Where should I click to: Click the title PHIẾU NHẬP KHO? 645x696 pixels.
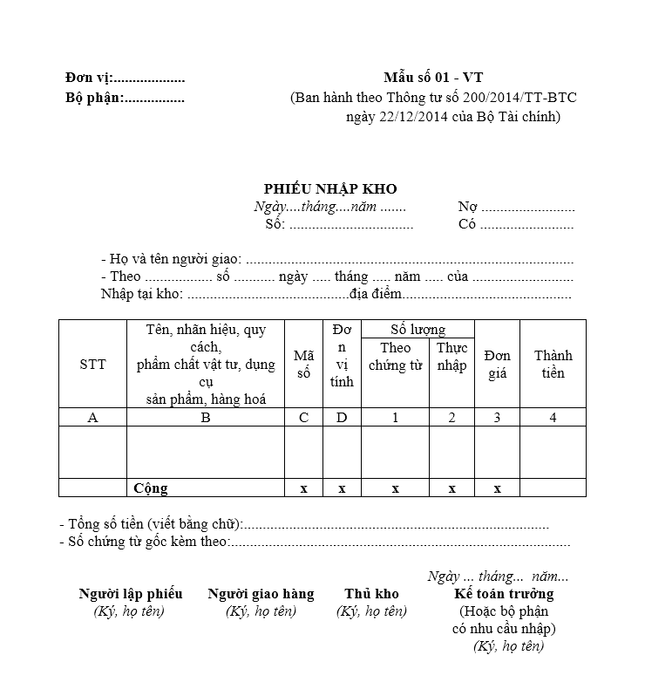pos(330,189)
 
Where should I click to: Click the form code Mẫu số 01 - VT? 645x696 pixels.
pos(432,78)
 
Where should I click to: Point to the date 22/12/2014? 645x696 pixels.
pos(389,117)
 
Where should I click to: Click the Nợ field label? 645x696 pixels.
pos(468,208)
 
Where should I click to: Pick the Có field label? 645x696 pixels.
pos(467,225)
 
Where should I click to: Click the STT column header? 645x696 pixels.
pos(92,365)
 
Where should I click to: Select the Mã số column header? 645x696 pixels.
pos(303,365)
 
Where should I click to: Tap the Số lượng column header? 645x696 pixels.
pos(418,330)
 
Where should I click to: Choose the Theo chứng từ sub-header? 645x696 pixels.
pos(395,357)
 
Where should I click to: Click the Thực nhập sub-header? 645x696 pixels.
pos(451,357)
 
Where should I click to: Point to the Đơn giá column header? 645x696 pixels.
pos(498,365)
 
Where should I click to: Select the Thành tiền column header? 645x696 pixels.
pos(553,365)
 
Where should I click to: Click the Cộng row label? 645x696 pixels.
pos(151,488)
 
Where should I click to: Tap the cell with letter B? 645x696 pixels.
pos(206,418)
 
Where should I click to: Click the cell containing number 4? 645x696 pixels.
pos(553,418)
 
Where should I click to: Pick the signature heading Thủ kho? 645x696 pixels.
pos(371,594)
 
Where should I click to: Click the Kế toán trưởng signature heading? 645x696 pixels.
pos(504,594)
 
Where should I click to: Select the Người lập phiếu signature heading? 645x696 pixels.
pos(131,594)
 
